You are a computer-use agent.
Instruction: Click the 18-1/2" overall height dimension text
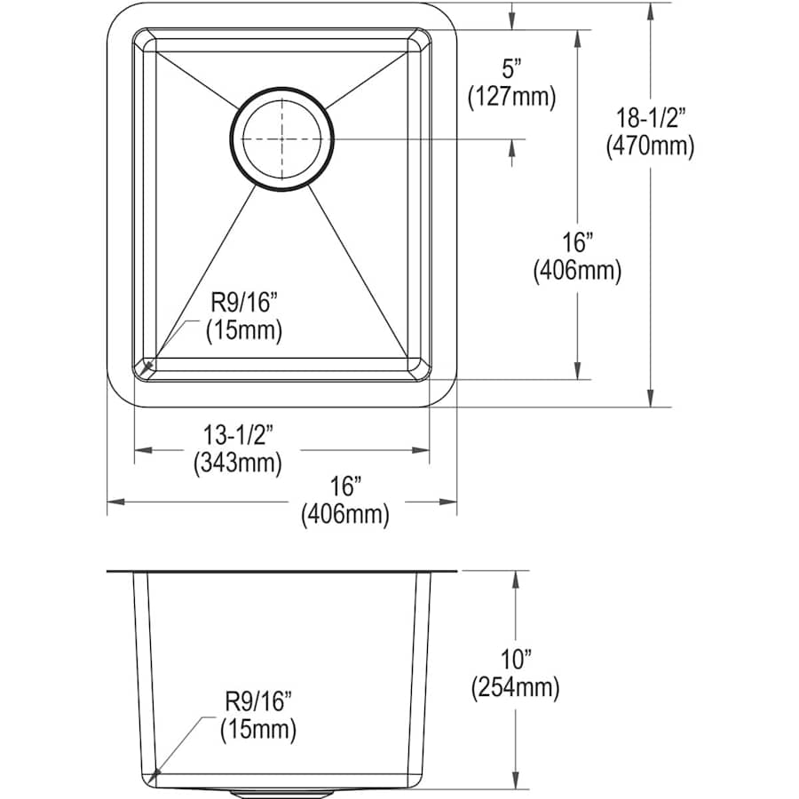point(649,118)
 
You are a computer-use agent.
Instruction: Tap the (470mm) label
point(650,146)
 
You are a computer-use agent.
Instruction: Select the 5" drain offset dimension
point(512,68)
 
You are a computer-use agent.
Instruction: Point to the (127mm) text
point(511,96)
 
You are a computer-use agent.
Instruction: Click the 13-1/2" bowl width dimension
point(239,435)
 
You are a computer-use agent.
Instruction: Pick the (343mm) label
point(237,463)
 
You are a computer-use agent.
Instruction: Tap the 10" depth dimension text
point(516,660)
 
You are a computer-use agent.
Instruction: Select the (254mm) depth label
point(515,688)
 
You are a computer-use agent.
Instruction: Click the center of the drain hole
point(281,138)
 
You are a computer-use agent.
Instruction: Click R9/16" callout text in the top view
point(244,304)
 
